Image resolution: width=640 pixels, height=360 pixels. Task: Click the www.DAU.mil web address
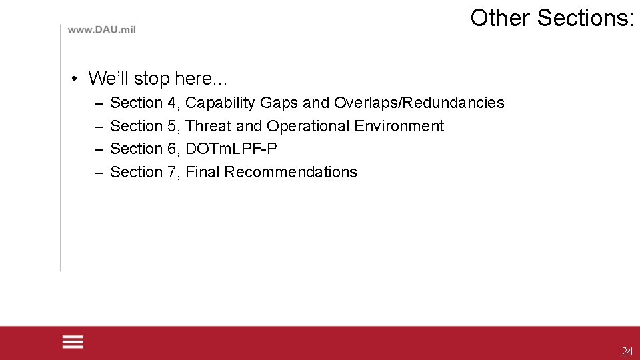[x=101, y=31]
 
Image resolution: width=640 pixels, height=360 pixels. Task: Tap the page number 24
[x=627, y=351]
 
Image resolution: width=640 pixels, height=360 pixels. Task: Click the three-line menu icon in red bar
[x=73, y=342]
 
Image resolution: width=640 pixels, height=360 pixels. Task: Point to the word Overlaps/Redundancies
[x=419, y=103]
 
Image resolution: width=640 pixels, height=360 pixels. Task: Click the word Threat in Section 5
[x=208, y=126]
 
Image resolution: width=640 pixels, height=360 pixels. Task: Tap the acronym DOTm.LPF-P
[x=231, y=149]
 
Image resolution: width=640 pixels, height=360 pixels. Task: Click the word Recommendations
[x=291, y=172]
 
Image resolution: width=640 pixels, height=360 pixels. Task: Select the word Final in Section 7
[x=203, y=172]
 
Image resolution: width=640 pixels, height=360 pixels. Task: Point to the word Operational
[x=308, y=126]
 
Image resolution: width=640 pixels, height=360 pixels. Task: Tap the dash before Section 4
[x=99, y=103]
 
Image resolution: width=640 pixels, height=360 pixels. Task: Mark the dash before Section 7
[x=99, y=172]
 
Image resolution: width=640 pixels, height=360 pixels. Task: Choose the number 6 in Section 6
[x=171, y=149]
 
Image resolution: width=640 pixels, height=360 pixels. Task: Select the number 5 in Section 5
[x=171, y=126]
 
